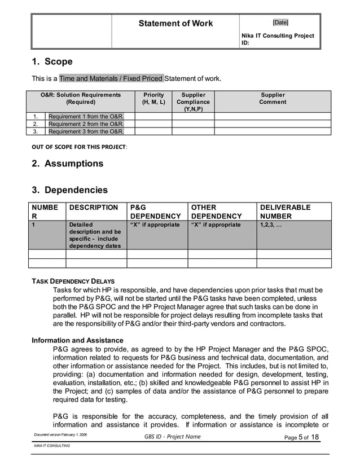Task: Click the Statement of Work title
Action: click(176, 23)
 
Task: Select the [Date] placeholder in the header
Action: click(280, 23)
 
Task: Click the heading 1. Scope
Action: click(52, 61)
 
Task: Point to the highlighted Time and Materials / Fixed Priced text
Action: click(112, 78)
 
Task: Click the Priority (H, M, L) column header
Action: click(153, 99)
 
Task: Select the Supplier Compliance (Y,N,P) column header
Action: click(193, 102)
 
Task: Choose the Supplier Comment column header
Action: click(273, 99)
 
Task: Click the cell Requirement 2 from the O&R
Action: click(86, 124)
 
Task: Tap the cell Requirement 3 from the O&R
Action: click(86, 131)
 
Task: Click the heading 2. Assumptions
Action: click(67, 164)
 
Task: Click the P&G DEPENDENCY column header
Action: click(155, 212)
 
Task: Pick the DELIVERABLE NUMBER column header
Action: click(285, 212)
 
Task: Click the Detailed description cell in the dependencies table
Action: click(95, 235)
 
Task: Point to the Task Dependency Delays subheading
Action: click(73, 280)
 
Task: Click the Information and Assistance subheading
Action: click(77, 340)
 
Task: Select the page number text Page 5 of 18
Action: click(302, 437)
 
